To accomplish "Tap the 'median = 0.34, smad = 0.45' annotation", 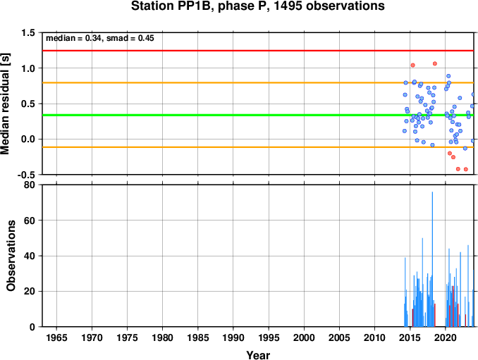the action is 100,38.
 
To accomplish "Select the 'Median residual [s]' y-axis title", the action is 5,104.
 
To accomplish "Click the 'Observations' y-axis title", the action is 11,256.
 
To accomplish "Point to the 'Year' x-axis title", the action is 258,355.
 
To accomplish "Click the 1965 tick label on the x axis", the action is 56,337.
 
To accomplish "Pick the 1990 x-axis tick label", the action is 233,337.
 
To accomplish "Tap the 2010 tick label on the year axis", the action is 374,337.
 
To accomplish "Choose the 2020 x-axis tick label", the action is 446,337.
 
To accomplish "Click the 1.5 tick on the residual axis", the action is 28,32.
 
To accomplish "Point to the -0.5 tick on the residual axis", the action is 26,175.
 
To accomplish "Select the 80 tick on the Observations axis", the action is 30,185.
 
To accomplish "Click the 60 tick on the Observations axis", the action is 30,221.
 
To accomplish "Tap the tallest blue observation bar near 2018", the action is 432,259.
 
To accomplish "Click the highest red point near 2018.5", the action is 435,63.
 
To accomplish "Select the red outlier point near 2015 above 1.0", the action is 412,66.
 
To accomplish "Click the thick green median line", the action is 258,115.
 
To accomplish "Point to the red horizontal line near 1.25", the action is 258,51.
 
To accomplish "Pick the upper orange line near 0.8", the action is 258,83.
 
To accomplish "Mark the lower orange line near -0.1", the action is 258,147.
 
